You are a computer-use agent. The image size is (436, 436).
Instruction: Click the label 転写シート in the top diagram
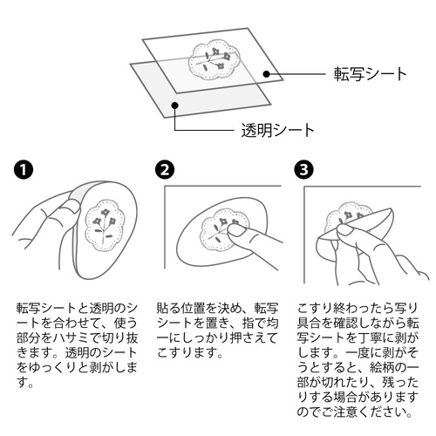370,74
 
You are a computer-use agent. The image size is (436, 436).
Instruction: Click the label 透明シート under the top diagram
277,130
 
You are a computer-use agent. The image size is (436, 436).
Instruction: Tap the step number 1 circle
24,170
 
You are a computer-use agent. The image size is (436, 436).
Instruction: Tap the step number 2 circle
165,170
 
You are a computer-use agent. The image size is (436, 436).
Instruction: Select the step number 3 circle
303,170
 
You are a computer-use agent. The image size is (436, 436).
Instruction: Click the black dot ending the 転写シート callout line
266,74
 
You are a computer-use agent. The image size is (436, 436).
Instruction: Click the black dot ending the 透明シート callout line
174,105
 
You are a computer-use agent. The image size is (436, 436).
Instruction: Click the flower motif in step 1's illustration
105,225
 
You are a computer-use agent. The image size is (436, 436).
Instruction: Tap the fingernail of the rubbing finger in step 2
236,230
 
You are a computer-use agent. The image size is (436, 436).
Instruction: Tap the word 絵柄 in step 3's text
382,368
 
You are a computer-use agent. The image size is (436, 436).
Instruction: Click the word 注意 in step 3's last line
345,412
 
